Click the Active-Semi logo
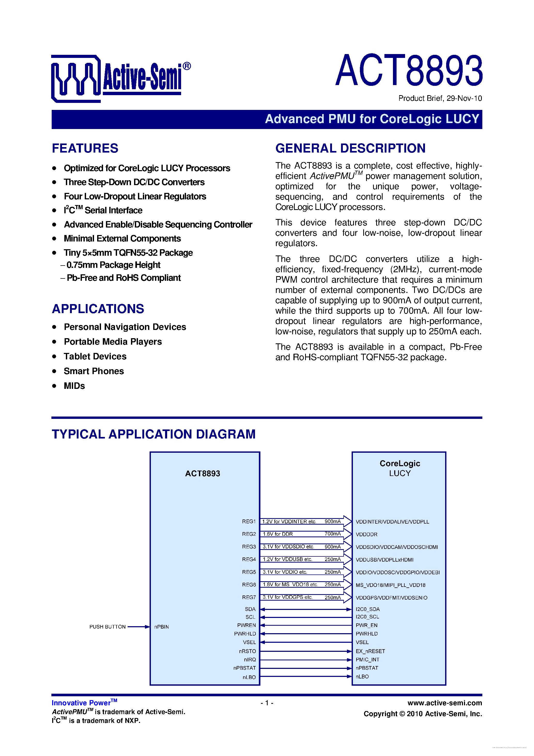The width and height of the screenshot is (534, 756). [x=120, y=78]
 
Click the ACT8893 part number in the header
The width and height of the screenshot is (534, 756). [x=409, y=71]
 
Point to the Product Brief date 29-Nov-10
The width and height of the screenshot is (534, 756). [x=440, y=99]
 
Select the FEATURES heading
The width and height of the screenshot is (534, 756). [x=85, y=148]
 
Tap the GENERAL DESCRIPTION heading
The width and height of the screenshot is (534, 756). [x=350, y=148]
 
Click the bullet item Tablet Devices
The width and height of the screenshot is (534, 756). [x=95, y=356]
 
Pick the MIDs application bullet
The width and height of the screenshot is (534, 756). [x=74, y=386]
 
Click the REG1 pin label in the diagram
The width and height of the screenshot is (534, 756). [x=249, y=521]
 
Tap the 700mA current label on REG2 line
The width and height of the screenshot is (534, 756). [x=333, y=534]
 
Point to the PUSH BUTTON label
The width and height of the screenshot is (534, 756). [x=107, y=627]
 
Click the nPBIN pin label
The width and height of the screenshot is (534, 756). [x=161, y=627]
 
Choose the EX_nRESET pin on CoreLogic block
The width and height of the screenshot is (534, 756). [x=370, y=651]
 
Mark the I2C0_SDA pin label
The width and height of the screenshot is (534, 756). [x=368, y=609]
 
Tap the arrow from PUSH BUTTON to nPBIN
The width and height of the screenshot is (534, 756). [x=138, y=627]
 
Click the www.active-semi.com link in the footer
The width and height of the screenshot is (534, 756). [x=445, y=703]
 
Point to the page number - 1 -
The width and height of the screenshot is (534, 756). [x=267, y=703]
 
